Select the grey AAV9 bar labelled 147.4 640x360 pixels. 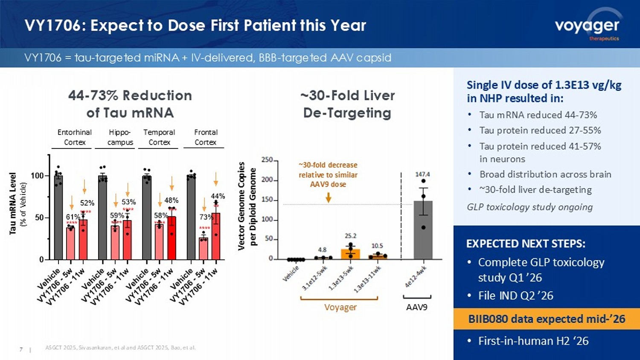423,230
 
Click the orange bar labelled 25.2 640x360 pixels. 350,254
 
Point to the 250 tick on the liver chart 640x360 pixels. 267,160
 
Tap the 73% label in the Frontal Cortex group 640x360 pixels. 206,217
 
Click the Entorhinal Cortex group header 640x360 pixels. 75,137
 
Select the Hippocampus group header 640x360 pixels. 120,137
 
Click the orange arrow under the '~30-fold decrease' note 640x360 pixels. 328,197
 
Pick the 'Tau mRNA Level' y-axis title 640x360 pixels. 13,203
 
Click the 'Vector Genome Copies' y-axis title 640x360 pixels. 241,206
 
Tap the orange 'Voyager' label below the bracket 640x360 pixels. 340,308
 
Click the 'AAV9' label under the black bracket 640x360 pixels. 416,307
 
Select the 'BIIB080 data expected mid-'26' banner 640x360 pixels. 546,319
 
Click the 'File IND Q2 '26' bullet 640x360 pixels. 515,296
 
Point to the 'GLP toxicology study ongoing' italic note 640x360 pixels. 529,207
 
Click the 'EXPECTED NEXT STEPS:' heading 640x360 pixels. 526,244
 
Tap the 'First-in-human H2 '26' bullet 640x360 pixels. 533,341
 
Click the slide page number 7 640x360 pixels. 21,349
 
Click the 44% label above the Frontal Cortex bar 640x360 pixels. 218,196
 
